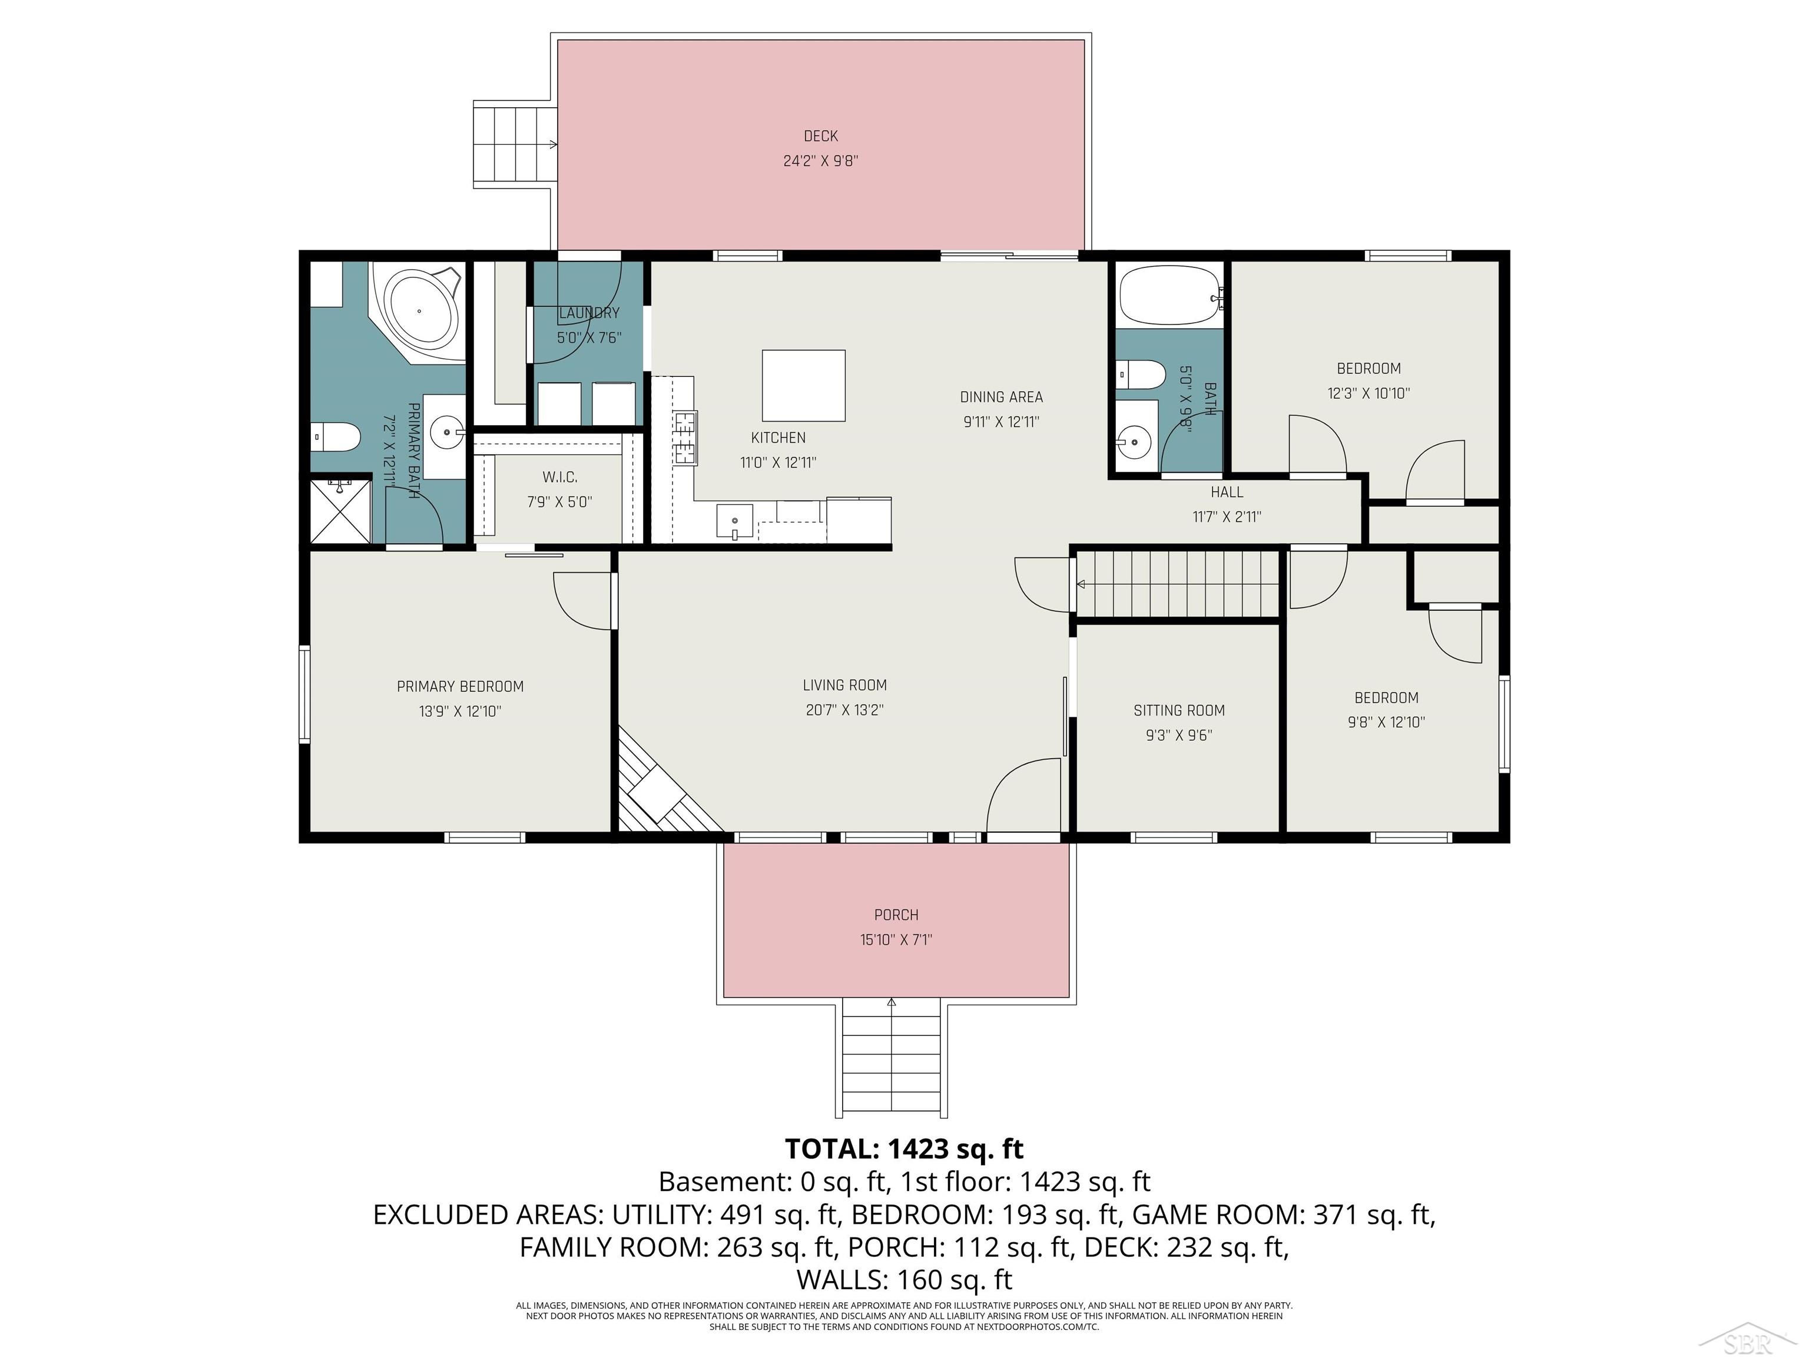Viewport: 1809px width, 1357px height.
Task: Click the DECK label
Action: point(820,136)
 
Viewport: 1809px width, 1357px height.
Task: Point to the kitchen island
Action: point(803,386)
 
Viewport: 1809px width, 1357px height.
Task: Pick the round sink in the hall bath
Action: point(1135,442)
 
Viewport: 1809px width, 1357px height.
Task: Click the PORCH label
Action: point(896,915)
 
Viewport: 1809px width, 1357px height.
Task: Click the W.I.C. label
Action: point(559,478)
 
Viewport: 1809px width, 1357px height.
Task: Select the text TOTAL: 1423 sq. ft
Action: point(904,1149)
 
